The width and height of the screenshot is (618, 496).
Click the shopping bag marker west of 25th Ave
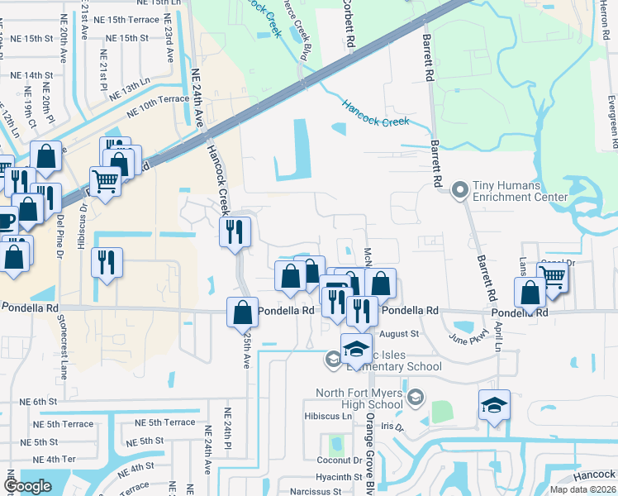coord(242,312)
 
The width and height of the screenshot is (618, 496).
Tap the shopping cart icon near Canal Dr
coord(553,277)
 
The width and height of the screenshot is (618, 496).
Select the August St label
coord(400,334)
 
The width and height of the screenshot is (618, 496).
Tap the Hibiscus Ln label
coord(328,417)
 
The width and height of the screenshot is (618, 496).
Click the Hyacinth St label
coord(339,477)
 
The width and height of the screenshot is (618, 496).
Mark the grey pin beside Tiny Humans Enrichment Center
coord(460,191)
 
